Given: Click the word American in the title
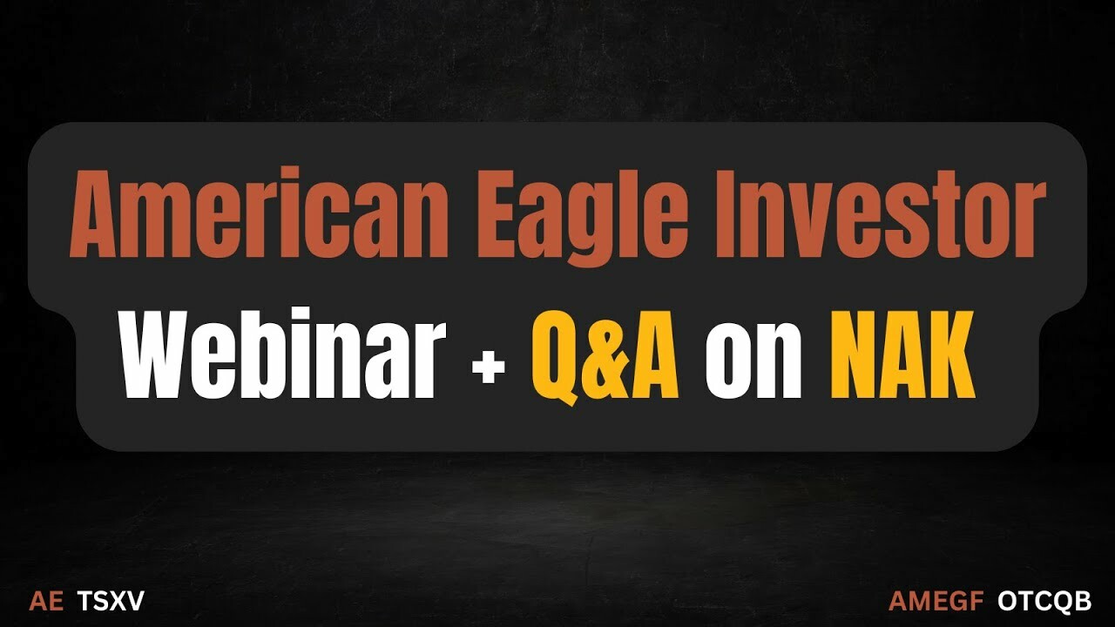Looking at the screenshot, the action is pos(260,213).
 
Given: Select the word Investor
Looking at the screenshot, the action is pos(880,213).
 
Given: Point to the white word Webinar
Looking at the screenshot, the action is pos(281,353).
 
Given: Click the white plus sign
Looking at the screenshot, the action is pos(489,367).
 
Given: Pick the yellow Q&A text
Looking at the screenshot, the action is pos(605,356).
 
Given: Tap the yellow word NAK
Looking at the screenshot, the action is pos(902,354).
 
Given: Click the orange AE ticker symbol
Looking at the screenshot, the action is pos(46,601).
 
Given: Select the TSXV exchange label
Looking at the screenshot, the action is pos(111,601).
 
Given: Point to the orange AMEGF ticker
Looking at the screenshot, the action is pos(936,601).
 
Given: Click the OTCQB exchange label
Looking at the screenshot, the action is pos(1044,601).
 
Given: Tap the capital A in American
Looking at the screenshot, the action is pos(101,215).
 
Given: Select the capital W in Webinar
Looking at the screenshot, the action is pos(161,354).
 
